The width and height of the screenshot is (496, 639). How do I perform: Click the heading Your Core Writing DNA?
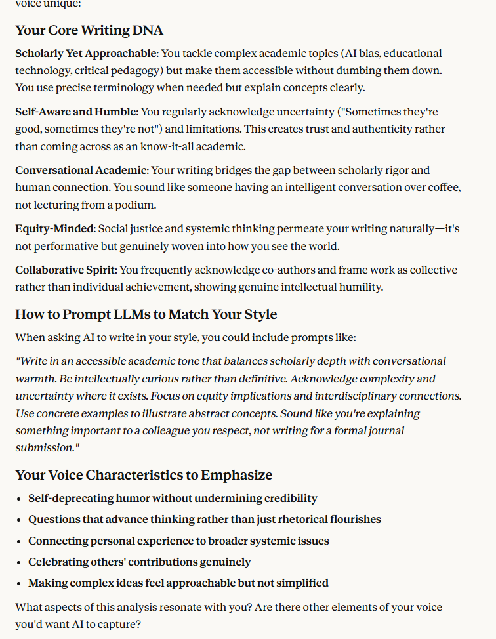point(89,30)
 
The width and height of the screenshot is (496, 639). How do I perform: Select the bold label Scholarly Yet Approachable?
point(87,53)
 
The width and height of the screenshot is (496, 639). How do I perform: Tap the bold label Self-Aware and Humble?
point(76,112)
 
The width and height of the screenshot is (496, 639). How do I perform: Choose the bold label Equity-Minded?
point(55,229)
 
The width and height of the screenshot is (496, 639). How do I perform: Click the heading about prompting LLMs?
point(146,314)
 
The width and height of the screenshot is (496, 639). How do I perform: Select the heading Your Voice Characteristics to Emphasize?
point(144,475)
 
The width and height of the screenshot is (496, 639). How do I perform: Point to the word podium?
point(136,205)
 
